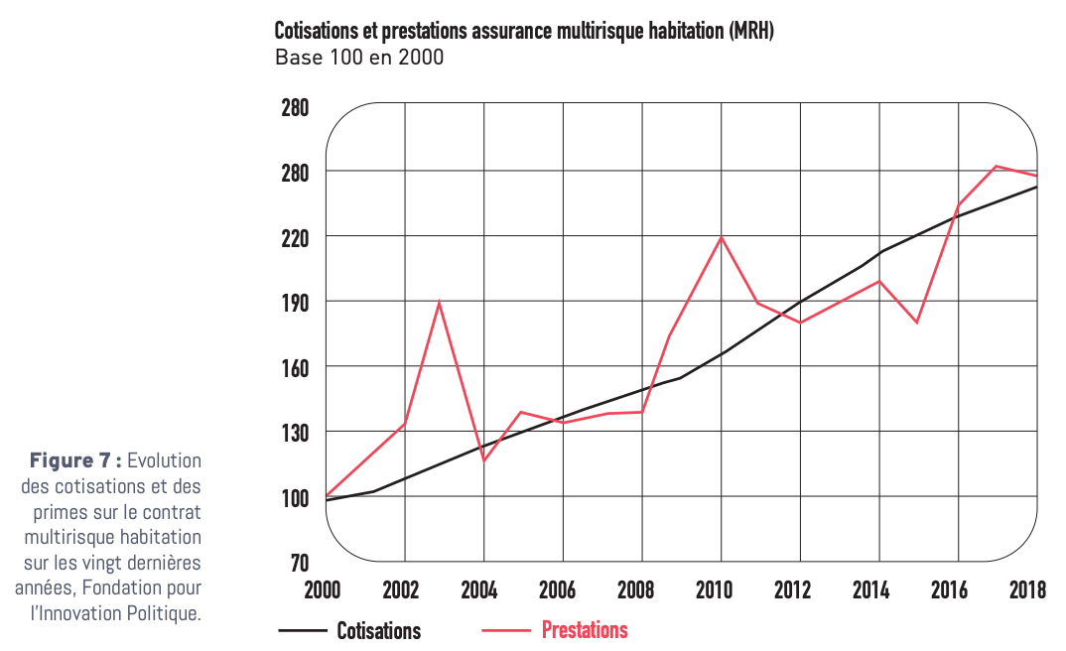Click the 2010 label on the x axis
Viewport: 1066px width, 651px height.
(x=714, y=591)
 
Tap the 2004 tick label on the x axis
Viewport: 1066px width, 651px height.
(x=479, y=591)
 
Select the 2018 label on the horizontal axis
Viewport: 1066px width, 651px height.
(x=1027, y=591)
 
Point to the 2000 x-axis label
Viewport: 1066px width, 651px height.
(x=323, y=591)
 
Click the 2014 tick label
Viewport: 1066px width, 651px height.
(x=871, y=591)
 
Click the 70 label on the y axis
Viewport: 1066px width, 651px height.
(x=299, y=564)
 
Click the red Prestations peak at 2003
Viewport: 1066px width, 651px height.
(x=439, y=302)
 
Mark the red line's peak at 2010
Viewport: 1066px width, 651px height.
(x=722, y=236)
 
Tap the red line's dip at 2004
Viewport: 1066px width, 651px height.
(x=483, y=460)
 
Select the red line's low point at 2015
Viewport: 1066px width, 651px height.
(x=917, y=323)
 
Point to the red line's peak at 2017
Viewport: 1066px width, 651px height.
(x=997, y=167)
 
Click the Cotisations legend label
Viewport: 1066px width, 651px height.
(x=378, y=631)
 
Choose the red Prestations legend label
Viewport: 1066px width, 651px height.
(x=585, y=630)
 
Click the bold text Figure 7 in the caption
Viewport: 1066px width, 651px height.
(x=74, y=460)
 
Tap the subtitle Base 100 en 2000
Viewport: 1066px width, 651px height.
(x=358, y=58)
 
